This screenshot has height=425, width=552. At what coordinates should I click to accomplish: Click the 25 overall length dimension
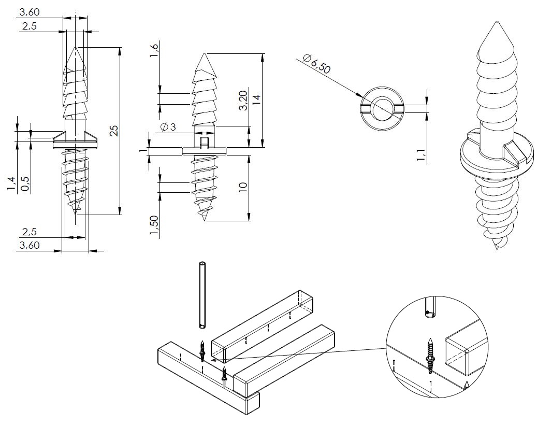pos(115,130)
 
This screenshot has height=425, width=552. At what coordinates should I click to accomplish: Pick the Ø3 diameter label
pos(169,126)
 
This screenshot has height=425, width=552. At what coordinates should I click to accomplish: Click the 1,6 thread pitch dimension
pos(154,52)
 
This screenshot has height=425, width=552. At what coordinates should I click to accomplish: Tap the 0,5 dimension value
pos(24,183)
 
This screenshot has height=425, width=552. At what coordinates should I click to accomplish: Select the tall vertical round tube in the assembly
pos(202,295)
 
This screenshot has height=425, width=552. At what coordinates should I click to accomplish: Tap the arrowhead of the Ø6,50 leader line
pos(361,97)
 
